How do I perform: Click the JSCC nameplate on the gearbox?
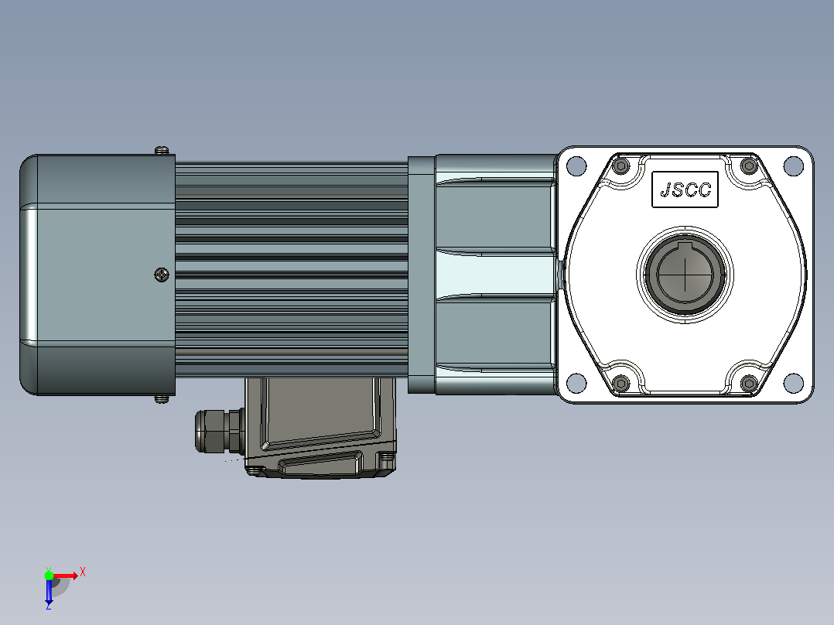(x=685, y=190)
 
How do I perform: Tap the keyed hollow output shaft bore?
(x=685, y=275)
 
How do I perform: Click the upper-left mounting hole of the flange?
(x=576, y=166)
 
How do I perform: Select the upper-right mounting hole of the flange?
(x=794, y=166)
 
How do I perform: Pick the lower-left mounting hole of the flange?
(x=576, y=382)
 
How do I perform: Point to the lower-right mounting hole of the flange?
(x=794, y=382)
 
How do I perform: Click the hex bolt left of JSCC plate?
(x=621, y=166)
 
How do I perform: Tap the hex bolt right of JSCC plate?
(x=750, y=166)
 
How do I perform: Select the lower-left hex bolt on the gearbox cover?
(x=621, y=383)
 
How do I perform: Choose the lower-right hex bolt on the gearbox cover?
(x=750, y=383)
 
